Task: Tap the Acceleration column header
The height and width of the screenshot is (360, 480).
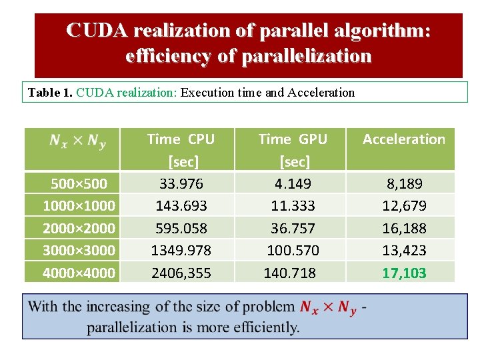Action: (x=403, y=139)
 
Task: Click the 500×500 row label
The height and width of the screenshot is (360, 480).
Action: (x=79, y=183)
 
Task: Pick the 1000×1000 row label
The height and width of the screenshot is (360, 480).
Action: (x=79, y=205)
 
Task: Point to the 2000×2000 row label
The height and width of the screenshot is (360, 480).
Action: (x=79, y=228)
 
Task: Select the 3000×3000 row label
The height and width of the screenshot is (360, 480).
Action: (x=79, y=250)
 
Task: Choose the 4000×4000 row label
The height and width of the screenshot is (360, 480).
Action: (x=79, y=273)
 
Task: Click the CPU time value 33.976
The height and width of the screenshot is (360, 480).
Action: (x=181, y=183)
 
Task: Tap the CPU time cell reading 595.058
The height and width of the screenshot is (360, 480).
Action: (x=181, y=228)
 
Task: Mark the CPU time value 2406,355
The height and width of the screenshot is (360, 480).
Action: (x=181, y=273)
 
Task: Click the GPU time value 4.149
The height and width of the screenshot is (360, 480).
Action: (x=293, y=183)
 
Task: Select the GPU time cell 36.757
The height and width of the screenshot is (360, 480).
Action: (x=293, y=228)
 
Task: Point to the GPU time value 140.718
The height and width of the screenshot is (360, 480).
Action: (x=290, y=273)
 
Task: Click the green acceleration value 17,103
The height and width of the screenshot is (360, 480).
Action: (x=404, y=273)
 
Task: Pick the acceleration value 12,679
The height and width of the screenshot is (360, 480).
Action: (x=404, y=205)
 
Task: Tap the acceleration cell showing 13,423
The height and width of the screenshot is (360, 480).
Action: (x=404, y=250)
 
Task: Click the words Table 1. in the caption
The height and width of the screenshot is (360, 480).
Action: (x=50, y=93)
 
